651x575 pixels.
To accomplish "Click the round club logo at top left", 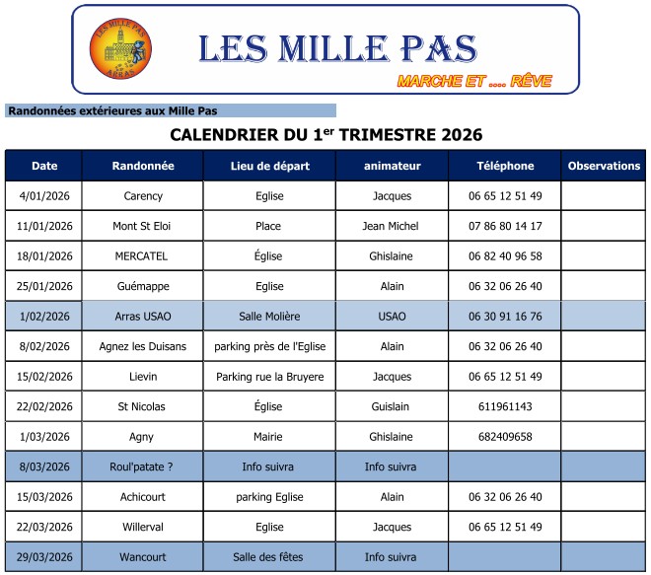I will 121,49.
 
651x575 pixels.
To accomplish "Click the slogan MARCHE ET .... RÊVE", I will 473,81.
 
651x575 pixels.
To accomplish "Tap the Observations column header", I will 604,166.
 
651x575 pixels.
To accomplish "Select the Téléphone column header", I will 505,166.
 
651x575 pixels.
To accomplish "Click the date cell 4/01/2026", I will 44,196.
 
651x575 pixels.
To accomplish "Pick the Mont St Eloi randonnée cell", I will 143,226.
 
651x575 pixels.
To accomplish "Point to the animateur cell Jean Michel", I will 391,226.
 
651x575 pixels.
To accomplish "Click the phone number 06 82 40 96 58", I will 505,256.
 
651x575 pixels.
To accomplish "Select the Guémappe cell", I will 143,286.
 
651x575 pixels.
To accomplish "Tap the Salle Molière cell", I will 269,317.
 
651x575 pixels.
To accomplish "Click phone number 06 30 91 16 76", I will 505,317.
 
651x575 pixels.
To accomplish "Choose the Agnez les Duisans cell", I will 143,346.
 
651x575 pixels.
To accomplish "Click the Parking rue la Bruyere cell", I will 269,377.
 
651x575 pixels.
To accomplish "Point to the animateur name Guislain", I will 391,406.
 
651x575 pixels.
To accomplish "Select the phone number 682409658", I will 505,437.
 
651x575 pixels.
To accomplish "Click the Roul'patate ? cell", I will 143,467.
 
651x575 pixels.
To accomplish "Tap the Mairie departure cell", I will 269,437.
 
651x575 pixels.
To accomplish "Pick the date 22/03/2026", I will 44,527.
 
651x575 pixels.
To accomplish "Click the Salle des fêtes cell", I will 269,557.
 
